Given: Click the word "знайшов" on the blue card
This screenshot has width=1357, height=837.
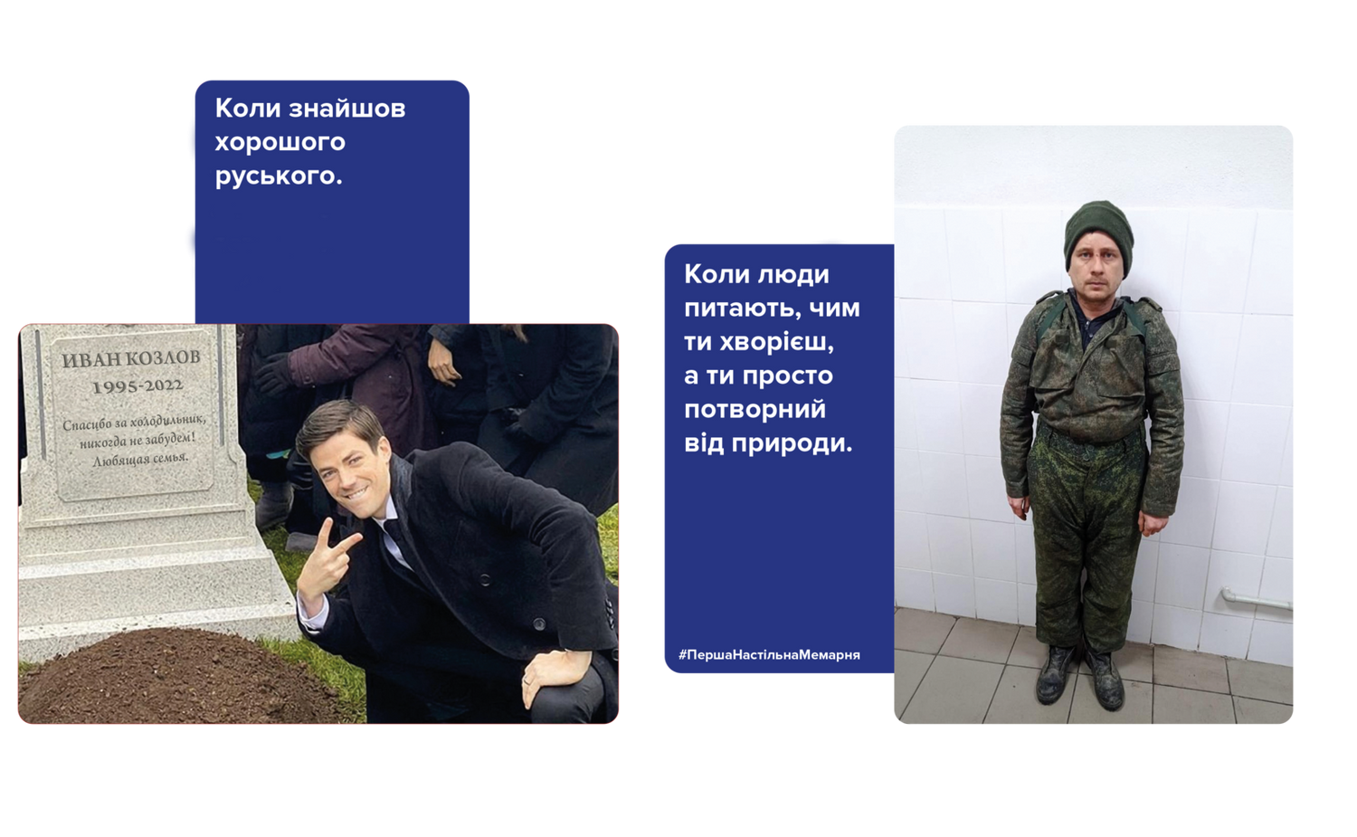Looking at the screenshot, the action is click(x=347, y=109).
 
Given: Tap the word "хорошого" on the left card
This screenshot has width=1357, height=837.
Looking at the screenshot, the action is click(x=280, y=143).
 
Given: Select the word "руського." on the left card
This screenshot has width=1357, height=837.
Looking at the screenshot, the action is click(x=279, y=176).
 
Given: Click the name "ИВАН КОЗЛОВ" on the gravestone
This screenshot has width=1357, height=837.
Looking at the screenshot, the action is click(x=131, y=358).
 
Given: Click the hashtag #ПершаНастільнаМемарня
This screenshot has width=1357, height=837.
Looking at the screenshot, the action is click(x=769, y=654).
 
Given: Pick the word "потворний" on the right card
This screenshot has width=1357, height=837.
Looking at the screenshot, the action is click(x=754, y=410).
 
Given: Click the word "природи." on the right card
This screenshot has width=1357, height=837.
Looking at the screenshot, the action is click(x=792, y=443).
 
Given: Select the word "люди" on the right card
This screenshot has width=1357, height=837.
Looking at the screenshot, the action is click(x=793, y=275).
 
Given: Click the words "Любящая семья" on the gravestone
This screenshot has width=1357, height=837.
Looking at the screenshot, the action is click(x=140, y=460).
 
